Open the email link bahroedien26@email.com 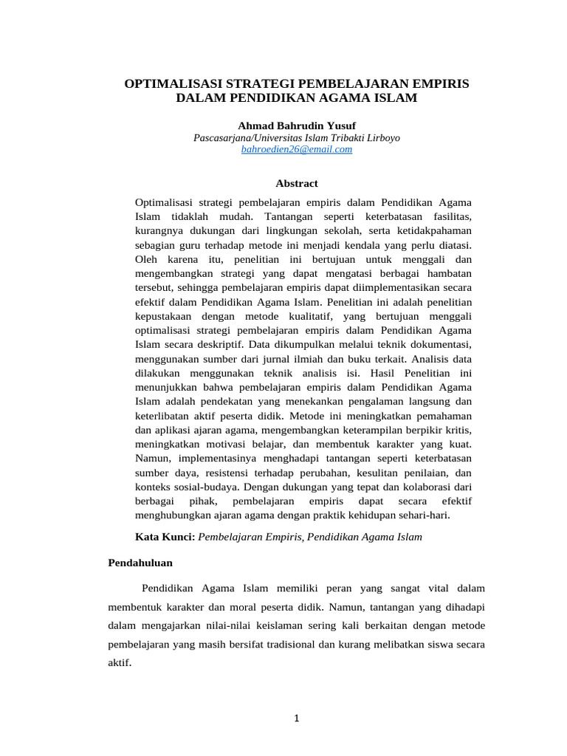click(296, 149)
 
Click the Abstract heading click(296, 182)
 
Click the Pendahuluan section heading click(140, 563)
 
